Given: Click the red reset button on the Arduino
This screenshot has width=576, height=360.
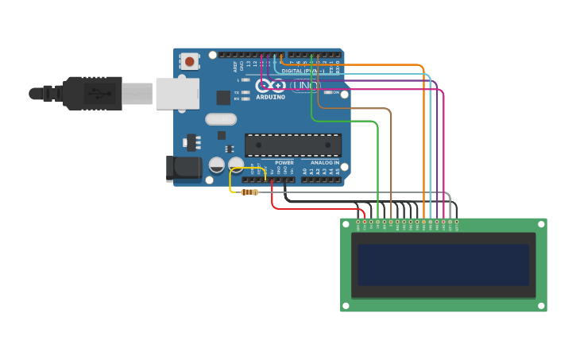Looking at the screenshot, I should [x=190, y=60].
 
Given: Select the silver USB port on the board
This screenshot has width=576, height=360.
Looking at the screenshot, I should [x=176, y=93].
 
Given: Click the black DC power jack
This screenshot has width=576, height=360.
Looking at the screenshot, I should [x=185, y=167].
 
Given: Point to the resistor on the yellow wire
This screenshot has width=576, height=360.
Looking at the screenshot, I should [x=249, y=192].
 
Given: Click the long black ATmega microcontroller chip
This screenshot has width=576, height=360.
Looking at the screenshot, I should [x=292, y=145].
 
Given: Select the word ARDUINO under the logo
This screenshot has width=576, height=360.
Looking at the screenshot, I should [x=270, y=97].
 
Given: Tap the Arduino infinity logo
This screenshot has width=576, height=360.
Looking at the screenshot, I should [x=270, y=86].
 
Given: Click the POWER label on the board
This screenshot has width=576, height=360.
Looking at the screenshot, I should [x=284, y=162].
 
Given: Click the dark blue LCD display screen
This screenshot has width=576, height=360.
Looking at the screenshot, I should [x=443, y=265].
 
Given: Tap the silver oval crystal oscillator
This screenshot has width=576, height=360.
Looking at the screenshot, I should [x=221, y=119].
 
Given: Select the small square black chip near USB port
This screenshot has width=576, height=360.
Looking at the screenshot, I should [x=223, y=98].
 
